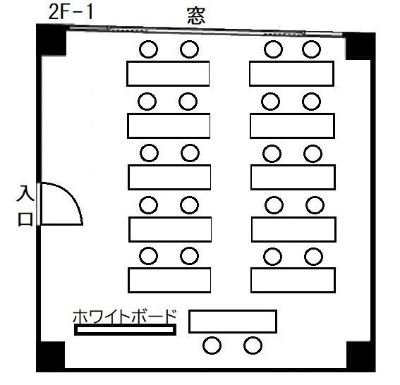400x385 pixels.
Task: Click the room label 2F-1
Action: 71,12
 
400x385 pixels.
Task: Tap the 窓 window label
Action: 196,16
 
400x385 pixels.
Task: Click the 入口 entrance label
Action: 25,206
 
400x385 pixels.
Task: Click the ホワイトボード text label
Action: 125,316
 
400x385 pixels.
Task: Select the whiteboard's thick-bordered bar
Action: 126,330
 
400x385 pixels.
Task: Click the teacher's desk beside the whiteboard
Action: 233,322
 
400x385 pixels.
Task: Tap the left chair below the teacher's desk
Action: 212,346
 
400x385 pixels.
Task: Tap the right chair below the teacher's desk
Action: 253,346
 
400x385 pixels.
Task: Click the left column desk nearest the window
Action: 168,73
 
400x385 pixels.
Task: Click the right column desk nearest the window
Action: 292,73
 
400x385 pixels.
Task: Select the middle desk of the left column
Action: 169,177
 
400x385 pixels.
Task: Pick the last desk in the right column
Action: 293,280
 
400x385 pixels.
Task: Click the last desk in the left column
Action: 169,280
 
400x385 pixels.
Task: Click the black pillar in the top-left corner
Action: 51,39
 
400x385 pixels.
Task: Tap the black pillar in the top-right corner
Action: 360,46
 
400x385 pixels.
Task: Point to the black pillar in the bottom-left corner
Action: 50,357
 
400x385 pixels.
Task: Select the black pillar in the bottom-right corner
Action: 360,357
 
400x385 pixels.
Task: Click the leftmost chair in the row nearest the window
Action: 148,49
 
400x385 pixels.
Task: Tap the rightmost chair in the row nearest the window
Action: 312,49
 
